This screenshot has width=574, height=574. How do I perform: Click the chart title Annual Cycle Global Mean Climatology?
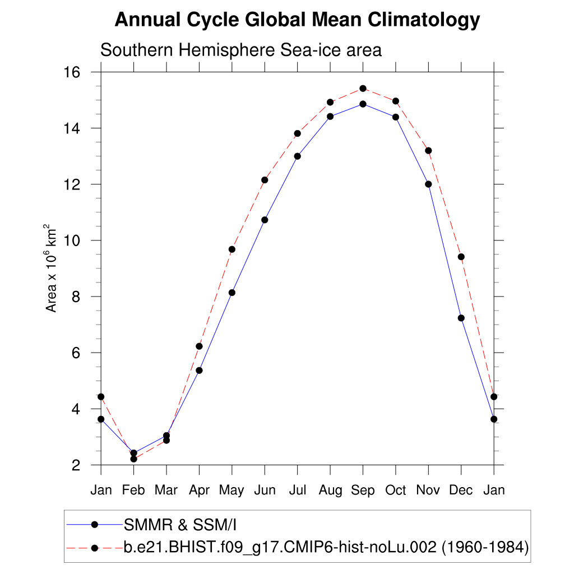[x=297, y=20]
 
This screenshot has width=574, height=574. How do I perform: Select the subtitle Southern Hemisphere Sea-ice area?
[x=240, y=50]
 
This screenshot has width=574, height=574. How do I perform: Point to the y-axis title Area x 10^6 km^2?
[x=51, y=269]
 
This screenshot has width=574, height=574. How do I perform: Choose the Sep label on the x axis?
[x=363, y=490]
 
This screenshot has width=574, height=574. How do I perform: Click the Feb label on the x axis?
[x=133, y=490]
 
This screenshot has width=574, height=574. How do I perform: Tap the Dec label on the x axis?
[x=461, y=490]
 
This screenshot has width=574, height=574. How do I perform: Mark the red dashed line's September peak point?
[x=363, y=89]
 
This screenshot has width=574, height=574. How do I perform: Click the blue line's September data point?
[x=363, y=104]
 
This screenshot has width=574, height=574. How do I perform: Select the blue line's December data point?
[x=461, y=318]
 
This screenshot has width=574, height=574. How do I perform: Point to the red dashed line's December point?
[x=461, y=257]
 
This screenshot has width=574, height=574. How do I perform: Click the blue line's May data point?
[x=232, y=293]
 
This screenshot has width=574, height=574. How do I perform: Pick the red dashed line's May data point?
[x=232, y=249]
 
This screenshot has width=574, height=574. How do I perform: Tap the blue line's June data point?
[x=265, y=220]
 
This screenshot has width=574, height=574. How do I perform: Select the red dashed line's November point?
[x=428, y=150]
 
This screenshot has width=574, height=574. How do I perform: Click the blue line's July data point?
[x=297, y=156]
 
